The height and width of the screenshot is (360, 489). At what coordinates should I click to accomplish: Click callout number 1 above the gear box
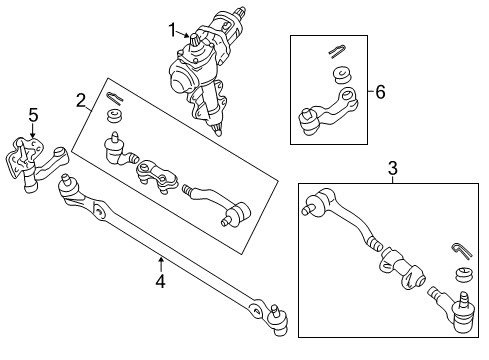[171, 29]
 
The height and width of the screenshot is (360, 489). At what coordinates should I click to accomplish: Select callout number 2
[81, 99]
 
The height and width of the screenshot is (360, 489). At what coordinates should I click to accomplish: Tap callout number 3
[392, 167]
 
